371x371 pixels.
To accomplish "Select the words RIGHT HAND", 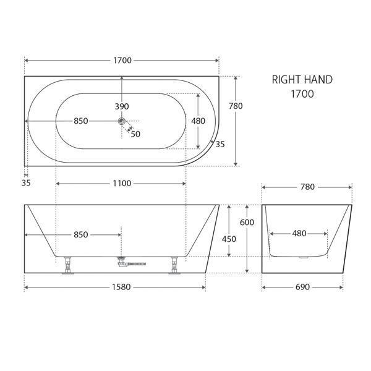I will point(302,80).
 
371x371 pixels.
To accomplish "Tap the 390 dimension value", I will point(122,106).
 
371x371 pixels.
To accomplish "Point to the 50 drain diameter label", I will point(135,134).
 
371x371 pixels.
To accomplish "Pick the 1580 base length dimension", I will point(115,287).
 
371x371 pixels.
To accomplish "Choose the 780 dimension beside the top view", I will point(236,106).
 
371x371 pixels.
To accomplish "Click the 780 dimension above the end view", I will point(307,186).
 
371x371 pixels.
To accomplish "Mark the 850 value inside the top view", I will point(80,121).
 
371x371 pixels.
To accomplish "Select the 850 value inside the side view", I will point(80,234).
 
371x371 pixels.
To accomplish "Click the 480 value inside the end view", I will point(299,234).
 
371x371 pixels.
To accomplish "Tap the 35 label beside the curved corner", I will point(221,143).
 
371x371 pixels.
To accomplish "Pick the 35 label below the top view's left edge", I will point(25,182).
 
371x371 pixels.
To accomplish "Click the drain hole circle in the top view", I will point(122,121).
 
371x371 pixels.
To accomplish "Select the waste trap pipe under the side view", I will point(131,264).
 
